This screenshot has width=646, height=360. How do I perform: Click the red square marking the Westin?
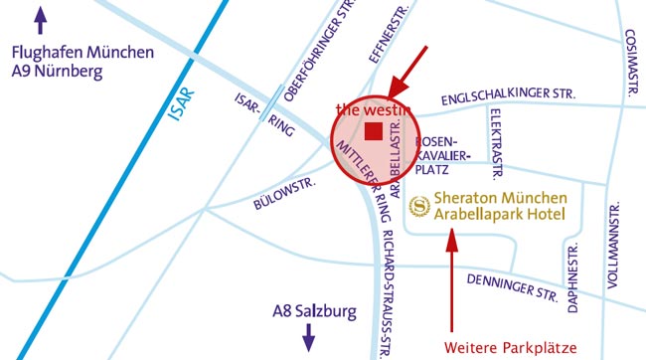pos(374,132)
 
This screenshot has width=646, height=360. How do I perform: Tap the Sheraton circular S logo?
pos(419,206)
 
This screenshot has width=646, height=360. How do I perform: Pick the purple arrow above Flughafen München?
pos(41,21)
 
